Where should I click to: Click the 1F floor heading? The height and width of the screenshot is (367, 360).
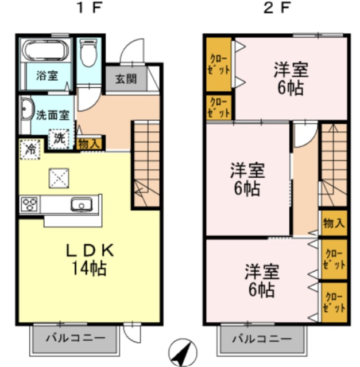[88, 10]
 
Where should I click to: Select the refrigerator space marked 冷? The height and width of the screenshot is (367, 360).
[29, 150]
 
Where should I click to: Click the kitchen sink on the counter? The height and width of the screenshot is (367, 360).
[80, 204]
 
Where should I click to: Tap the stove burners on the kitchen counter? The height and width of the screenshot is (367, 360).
[30, 204]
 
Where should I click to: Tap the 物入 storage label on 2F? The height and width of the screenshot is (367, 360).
[334, 223]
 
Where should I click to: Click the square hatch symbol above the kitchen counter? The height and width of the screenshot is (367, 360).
[59, 177]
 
